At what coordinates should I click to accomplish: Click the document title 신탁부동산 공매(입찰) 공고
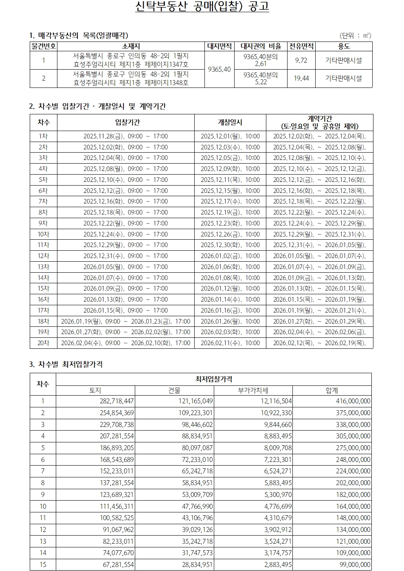(202, 7)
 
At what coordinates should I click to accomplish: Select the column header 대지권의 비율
(261, 46)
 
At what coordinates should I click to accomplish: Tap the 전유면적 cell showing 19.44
(301, 78)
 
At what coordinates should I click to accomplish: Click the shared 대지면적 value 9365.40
(219, 69)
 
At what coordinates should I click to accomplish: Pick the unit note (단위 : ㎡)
(355, 35)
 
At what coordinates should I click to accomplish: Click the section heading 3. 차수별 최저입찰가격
(66, 364)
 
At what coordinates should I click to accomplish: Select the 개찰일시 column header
(230, 122)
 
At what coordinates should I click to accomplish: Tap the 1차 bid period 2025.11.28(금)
(125, 136)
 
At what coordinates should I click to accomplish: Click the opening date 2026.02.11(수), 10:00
(230, 343)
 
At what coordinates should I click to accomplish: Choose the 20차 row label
(43, 343)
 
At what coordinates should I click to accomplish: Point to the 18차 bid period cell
(125, 322)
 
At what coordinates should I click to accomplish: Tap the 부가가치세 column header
(253, 390)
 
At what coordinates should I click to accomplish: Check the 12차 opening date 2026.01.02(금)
(230, 256)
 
